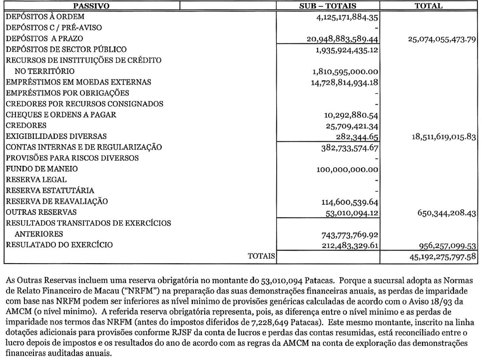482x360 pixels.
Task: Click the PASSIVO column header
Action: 91,6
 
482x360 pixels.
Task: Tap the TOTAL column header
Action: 428,6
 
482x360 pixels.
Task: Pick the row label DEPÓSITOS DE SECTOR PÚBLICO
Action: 66,49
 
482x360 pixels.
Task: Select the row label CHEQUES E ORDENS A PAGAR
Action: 61,115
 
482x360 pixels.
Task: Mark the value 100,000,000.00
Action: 347,169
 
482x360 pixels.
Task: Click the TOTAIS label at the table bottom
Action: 262,257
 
